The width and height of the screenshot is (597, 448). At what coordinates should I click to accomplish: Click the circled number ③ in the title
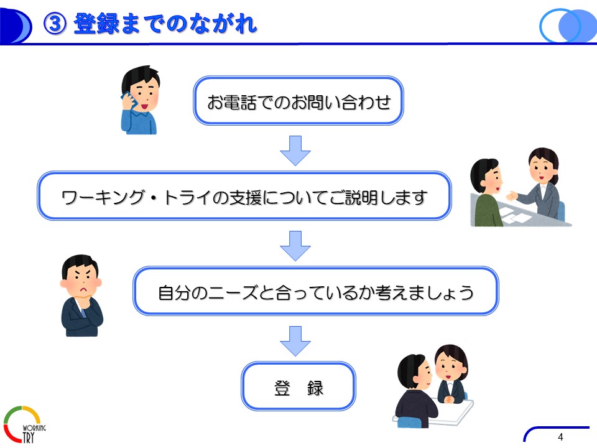[x=55, y=24]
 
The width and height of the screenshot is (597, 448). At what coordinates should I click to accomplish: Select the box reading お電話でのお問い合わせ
[x=298, y=101]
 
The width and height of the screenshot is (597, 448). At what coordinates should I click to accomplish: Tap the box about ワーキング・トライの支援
[x=244, y=196]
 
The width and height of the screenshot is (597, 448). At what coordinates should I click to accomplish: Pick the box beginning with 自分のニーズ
[x=316, y=291]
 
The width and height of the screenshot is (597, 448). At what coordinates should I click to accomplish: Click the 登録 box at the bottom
[x=298, y=386]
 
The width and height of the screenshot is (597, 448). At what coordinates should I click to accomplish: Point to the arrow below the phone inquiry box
[x=295, y=151]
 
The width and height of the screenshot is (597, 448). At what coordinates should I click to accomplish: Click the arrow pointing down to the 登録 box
[x=295, y=341]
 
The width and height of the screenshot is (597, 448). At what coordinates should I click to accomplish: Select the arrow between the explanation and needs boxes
[x=295, y=246]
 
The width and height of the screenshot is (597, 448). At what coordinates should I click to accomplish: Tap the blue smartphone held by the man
[x=128, y=99]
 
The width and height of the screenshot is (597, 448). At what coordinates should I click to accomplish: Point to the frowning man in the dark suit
[x=81, y=296]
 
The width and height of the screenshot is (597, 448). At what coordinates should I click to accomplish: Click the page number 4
[x=560, y=437]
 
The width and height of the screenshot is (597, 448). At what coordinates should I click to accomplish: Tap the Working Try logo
[x=24, y=424]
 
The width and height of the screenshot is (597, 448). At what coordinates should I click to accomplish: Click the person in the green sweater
[x=486, y=193]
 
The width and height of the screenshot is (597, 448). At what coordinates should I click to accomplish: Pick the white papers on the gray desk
[x=515, y=216]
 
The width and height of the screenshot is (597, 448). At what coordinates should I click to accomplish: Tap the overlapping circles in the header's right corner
[x=568, y=25]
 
